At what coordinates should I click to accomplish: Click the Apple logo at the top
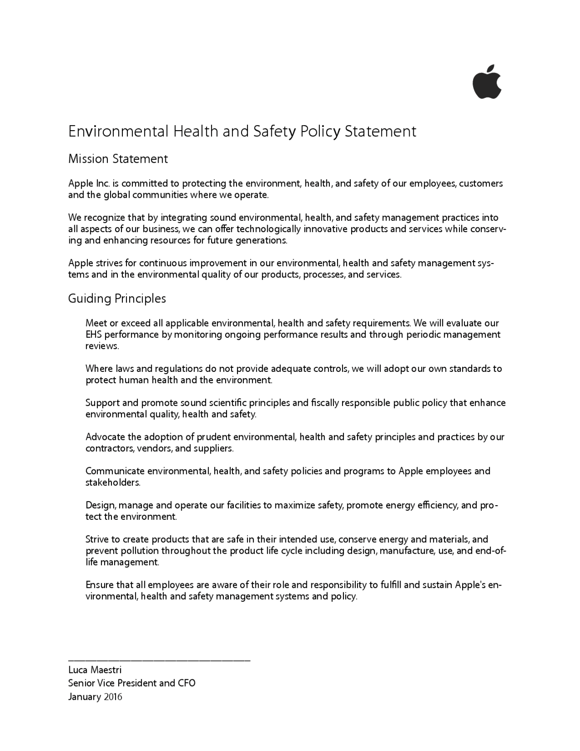[487, 82]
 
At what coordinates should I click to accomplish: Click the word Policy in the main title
[321, 132]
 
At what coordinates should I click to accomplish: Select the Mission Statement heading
[118, 159]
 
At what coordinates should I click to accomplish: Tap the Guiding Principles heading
[117, 298]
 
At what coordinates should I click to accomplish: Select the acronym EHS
[94, 335]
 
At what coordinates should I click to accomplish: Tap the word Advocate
[105, 437]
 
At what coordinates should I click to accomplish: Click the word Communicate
[115, 471]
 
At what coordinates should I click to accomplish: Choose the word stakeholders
[113, 483]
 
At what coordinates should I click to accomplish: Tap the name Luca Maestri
[95, 670]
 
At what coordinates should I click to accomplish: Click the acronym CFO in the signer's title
[187, 683]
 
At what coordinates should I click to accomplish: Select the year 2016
[113, 697]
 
